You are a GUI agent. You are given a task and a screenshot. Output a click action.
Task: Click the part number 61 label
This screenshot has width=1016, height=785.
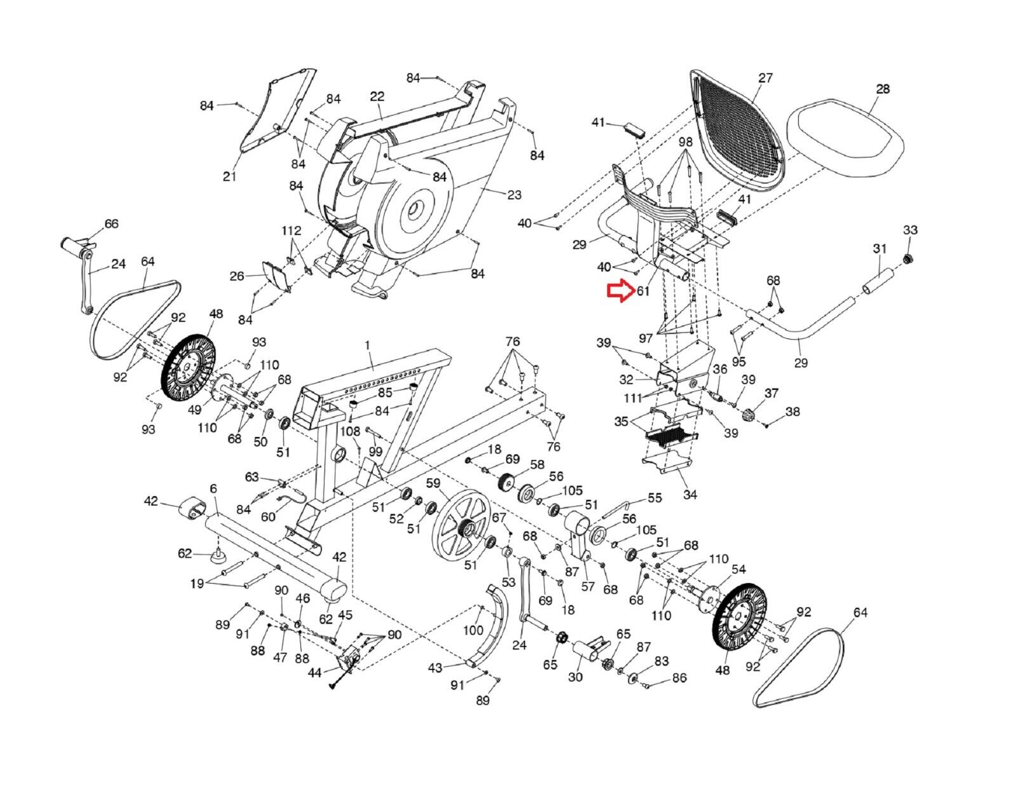tap(643, 292)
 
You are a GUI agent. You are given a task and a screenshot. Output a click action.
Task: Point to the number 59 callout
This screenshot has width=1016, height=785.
tap(433, 483)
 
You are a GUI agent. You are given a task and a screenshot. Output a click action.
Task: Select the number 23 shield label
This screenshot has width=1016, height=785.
tap(514, 196)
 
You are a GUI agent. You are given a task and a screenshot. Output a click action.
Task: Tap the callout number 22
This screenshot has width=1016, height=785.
tap(377, 96)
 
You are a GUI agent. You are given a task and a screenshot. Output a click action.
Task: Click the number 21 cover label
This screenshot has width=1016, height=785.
tap(229, 176)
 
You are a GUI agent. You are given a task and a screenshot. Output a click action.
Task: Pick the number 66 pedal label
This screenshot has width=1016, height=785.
tap(111, 224)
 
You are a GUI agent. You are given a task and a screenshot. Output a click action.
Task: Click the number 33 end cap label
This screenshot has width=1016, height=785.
tap(910, 230)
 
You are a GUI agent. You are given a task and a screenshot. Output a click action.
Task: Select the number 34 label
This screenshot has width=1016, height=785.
tap(690, 494)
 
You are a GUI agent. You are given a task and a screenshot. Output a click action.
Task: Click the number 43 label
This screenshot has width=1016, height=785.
tap(435, 668)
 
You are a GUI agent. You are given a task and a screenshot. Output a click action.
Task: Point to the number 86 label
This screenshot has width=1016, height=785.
tap(679, 678)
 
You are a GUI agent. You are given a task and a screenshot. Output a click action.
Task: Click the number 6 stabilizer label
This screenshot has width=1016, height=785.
tap(213, 488)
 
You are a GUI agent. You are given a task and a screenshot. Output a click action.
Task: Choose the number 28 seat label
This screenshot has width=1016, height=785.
tap(883, 89)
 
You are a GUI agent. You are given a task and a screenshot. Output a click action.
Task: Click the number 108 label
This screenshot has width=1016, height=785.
tap(350, 432)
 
